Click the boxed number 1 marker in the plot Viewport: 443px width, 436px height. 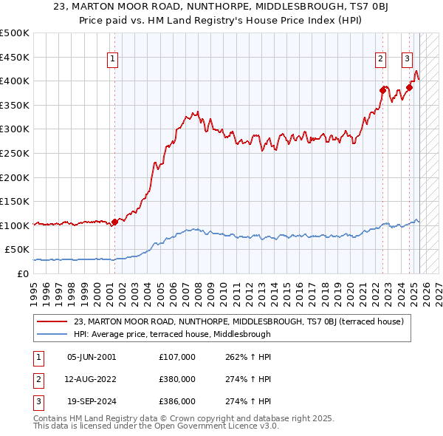click(114, 60)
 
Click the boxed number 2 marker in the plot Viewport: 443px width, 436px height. click(381, 60)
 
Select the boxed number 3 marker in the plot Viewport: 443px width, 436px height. click(408, 60)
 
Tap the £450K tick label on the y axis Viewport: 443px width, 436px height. click(15, 57)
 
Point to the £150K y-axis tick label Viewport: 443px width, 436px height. click(15, 201)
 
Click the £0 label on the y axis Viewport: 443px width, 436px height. click(22, 273)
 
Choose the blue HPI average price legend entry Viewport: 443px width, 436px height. click(173, 334)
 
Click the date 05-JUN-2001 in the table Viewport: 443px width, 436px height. click(92, 357)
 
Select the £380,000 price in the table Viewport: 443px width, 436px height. click(177, 379)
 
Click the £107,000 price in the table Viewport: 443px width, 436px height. click(177, 357)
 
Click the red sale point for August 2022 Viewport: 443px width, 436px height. click(383, 90)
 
